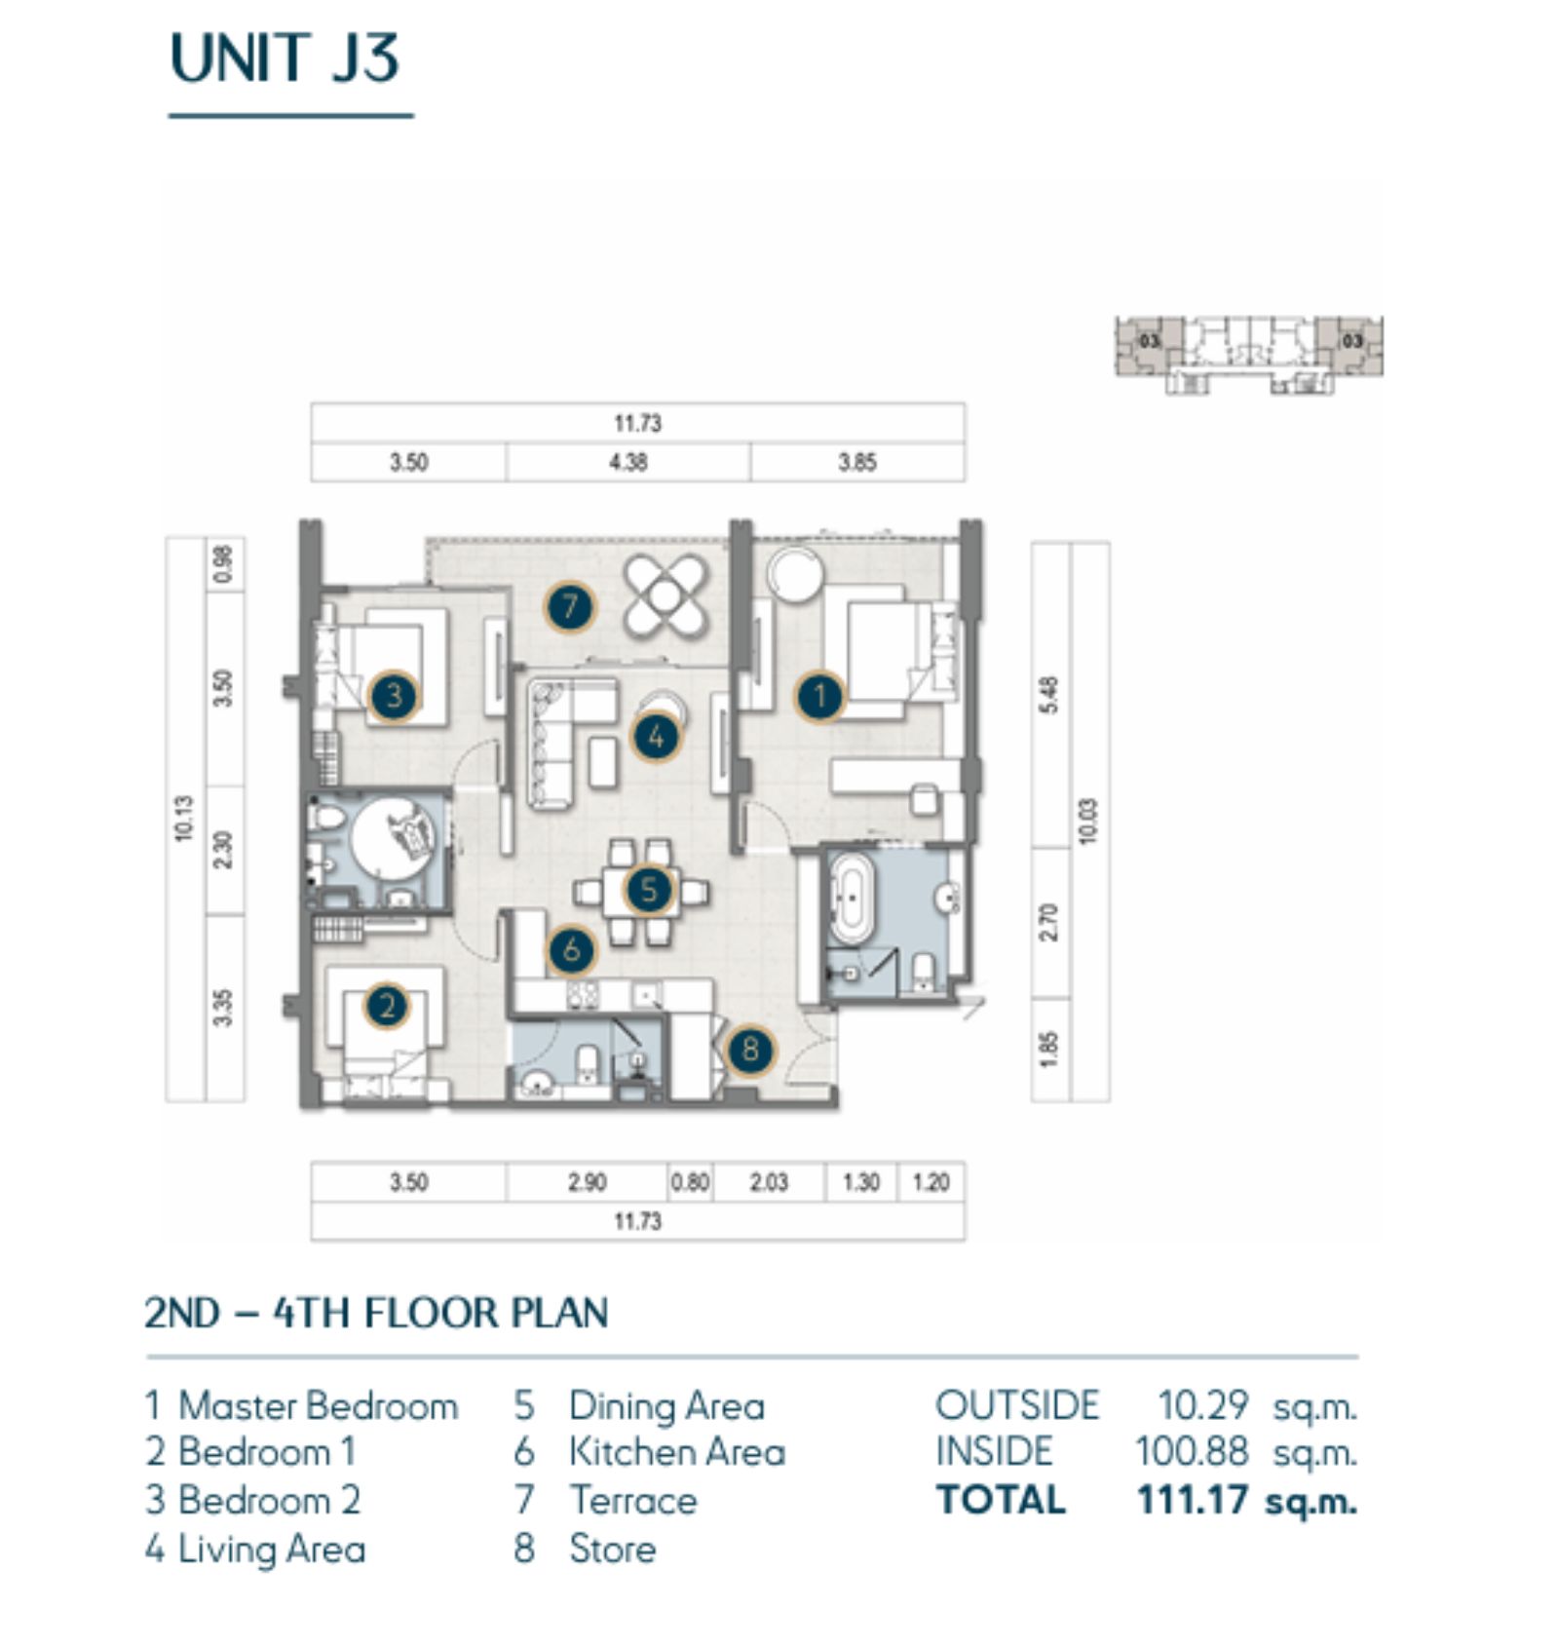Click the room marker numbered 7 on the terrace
tap(569, 607)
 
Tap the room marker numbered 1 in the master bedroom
tap(819, 696)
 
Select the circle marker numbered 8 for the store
tap(749, 1050)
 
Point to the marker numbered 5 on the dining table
tap(649, 889)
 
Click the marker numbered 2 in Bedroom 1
tap(387, 1006)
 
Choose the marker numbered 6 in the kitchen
tap(572, 949)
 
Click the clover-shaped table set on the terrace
tap(665, 596)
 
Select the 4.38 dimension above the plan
tap(628, 462)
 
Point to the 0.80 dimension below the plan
tap(690, 1182)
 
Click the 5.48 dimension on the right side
tap(1049, 695)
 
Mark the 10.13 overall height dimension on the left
tap(185, 819)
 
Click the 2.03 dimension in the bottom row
tap(769, 1182)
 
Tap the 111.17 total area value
tap(1192, 1500)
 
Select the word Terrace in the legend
tap(633, 1500)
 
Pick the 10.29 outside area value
tap(1202, 1405)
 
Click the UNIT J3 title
tap(285, 58)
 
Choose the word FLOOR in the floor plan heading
tap(431, 1313)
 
